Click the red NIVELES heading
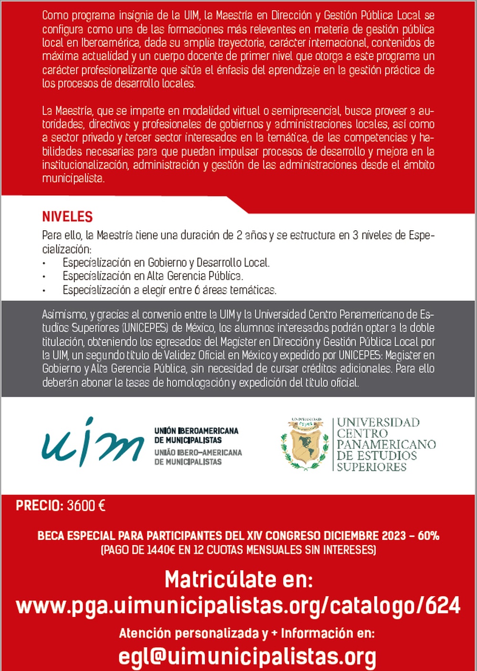click(67, 217)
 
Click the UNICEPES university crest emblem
click(305, 444)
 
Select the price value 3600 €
click(86, 506)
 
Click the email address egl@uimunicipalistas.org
click(247, 657)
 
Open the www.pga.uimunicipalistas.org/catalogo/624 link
click(238, 606)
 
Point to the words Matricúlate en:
click(238, 579)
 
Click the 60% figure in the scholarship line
click(428, 536)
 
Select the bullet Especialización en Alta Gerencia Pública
click(153, 276)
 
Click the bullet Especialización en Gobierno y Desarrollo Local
click(166, 263)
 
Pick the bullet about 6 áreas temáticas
click(169, 290)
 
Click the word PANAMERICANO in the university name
click(386, 444)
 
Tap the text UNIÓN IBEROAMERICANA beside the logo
click(196, 431)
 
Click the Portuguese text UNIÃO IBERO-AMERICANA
click(198, 452)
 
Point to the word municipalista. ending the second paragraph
click(73, 179)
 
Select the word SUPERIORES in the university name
click(371, 467)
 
